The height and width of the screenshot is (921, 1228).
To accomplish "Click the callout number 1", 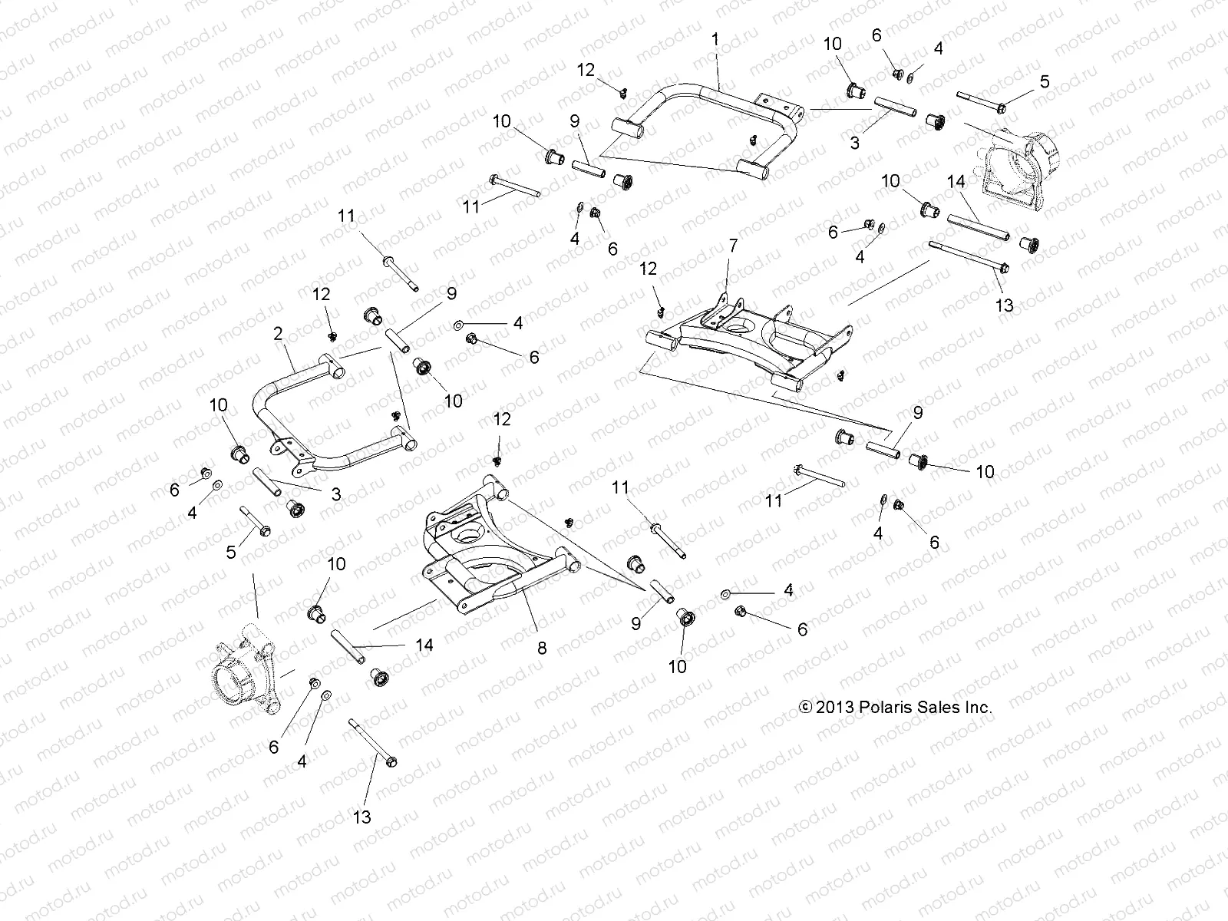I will point(715,38).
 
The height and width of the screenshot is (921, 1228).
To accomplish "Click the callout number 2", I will point(278,333).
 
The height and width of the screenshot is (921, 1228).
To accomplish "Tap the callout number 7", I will point(733,246).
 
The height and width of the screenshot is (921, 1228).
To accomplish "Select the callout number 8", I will point(542,648).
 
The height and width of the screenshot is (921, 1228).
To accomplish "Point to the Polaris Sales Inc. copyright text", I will point(896,708).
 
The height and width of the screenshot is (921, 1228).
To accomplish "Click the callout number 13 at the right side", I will point(1004,305).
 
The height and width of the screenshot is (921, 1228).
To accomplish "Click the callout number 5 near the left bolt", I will point(231,552).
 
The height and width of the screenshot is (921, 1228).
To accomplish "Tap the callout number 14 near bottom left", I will point(424,645).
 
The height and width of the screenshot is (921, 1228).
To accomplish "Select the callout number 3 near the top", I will point(854,143).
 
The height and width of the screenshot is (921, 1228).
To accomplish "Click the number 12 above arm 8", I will point(502,418).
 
